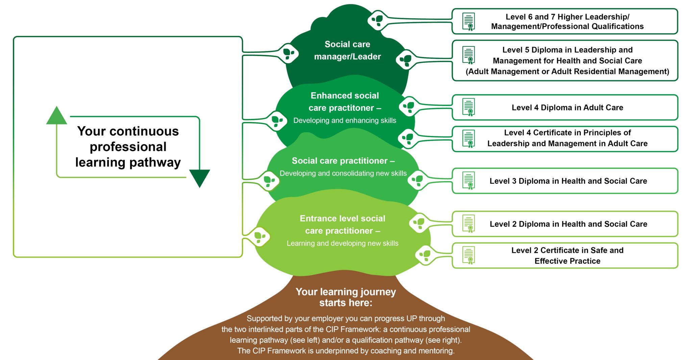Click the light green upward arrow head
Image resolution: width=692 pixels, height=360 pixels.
coord(56,117)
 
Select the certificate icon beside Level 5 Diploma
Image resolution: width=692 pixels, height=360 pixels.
coord(469,55)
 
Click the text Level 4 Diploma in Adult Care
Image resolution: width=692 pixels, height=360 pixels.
coord(567,108)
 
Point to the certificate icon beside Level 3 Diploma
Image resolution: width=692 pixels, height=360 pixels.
coord(469,181)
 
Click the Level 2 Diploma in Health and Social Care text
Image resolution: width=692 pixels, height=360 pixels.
coord(568,224)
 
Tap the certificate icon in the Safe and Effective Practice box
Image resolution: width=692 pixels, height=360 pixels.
coord(469,256)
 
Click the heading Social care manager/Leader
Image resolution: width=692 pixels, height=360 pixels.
coord(347,50)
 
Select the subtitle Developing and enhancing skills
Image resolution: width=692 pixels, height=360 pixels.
coord(345,121)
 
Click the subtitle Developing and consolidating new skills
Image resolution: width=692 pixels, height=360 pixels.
coord(343,173)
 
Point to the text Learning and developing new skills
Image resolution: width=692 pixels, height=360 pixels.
coord(342,243)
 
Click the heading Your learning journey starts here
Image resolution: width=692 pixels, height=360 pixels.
coord(346,297)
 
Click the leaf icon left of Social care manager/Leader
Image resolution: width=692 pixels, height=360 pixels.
coord(288,53)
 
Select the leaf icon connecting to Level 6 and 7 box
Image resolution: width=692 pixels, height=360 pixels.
coord(377,20)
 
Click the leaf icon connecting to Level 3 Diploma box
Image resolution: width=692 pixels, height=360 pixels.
coord(418,180)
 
